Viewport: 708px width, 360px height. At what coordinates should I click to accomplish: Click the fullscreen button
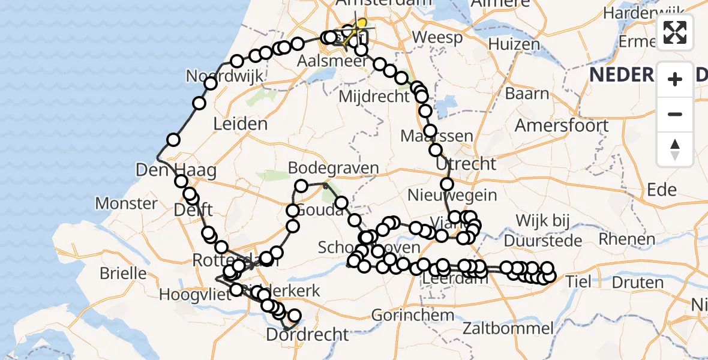675,32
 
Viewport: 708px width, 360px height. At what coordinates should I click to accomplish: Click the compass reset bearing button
675,149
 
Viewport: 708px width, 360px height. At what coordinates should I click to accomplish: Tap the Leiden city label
240,124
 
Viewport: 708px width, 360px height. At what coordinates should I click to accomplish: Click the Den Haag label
176,170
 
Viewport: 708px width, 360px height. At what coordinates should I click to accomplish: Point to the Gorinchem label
412,314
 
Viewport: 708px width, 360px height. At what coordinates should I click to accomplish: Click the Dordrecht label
307,334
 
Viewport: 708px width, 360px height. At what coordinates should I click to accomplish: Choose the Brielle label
123,273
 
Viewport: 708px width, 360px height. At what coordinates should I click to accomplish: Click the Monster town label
126,203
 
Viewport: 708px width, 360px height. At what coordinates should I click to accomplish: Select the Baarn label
527,94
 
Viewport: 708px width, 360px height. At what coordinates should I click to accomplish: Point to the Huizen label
514,44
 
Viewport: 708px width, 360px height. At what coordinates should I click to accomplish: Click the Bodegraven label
333,167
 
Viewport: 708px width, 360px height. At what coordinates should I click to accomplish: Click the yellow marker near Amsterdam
361,23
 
